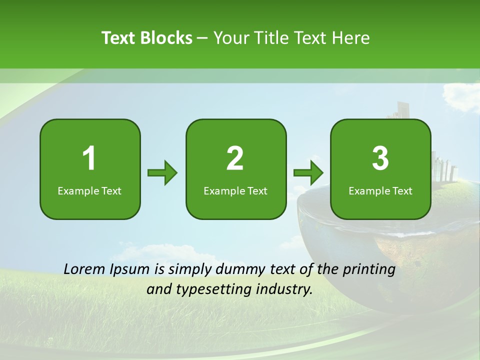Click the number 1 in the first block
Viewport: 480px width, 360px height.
(x=89, y=158)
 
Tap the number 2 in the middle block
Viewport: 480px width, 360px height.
(x=235, y=158)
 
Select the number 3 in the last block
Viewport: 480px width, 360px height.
(x=380, y=158)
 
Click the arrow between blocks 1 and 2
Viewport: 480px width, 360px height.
(x=162, y=173)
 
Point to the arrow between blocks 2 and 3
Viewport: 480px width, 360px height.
(x=308, y=173)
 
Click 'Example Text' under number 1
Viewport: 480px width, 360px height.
(x=89, y=191)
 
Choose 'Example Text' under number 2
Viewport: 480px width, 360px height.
(x=235, y=191)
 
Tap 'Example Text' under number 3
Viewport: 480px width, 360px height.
(x=380, y=191)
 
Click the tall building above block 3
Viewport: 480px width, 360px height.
(x=402, y=110)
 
